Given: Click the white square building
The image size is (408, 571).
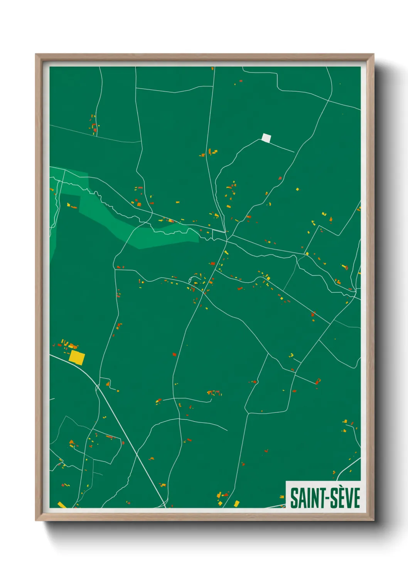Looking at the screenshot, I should (266, 138).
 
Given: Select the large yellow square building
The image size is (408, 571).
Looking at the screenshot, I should (77, 357).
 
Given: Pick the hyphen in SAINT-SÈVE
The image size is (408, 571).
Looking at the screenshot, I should (325, 498).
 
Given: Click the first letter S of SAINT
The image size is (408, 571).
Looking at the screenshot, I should (294, 498).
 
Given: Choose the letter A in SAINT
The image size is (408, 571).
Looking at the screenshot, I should (301, 498).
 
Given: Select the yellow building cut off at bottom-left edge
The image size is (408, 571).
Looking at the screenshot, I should (61, 505).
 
